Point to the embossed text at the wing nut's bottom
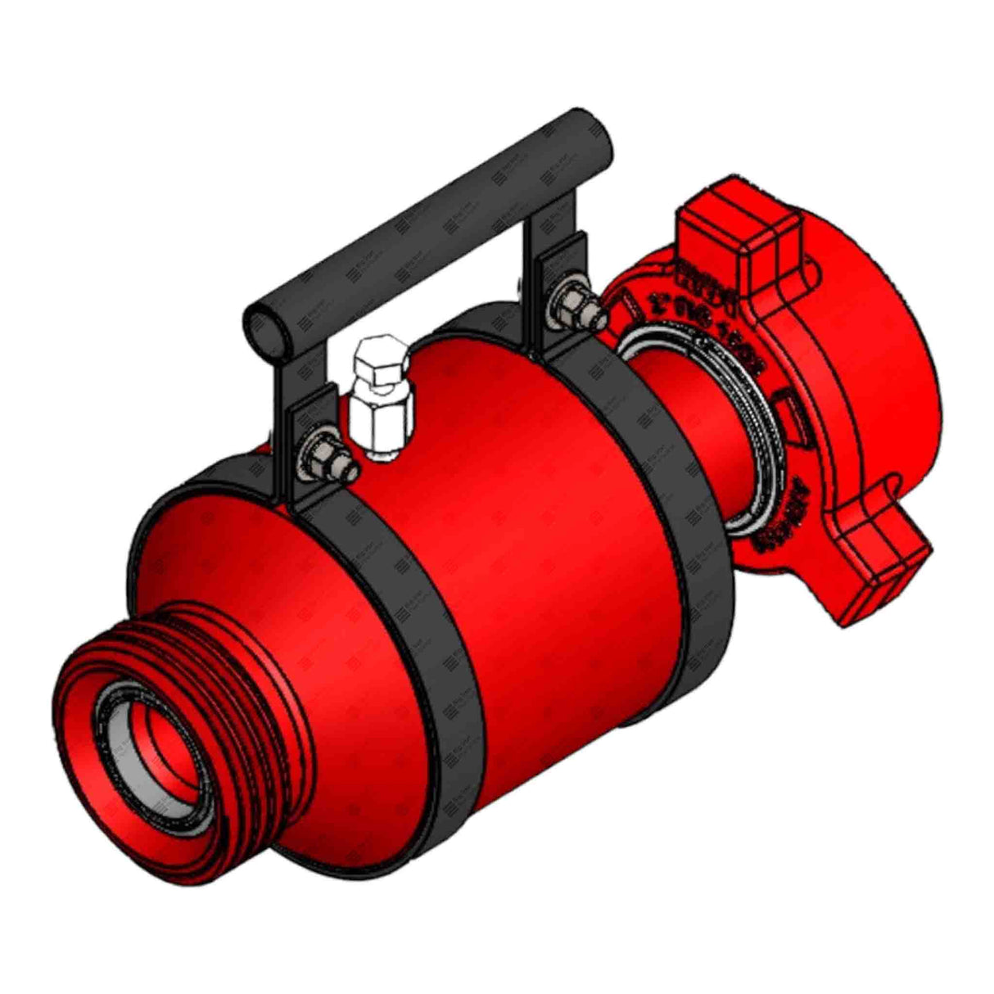coord(778,524)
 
